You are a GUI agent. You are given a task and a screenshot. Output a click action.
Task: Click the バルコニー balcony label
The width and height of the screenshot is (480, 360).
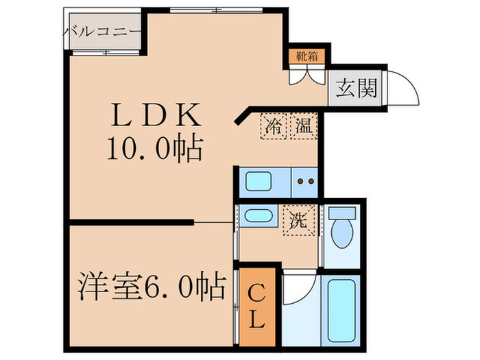(103, 31)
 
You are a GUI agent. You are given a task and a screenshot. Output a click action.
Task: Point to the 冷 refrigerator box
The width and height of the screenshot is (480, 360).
(274, 126)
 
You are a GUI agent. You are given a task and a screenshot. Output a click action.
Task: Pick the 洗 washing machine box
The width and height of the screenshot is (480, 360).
(298, 221)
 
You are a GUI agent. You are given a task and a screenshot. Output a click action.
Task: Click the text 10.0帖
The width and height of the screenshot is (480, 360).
(154, 147)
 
